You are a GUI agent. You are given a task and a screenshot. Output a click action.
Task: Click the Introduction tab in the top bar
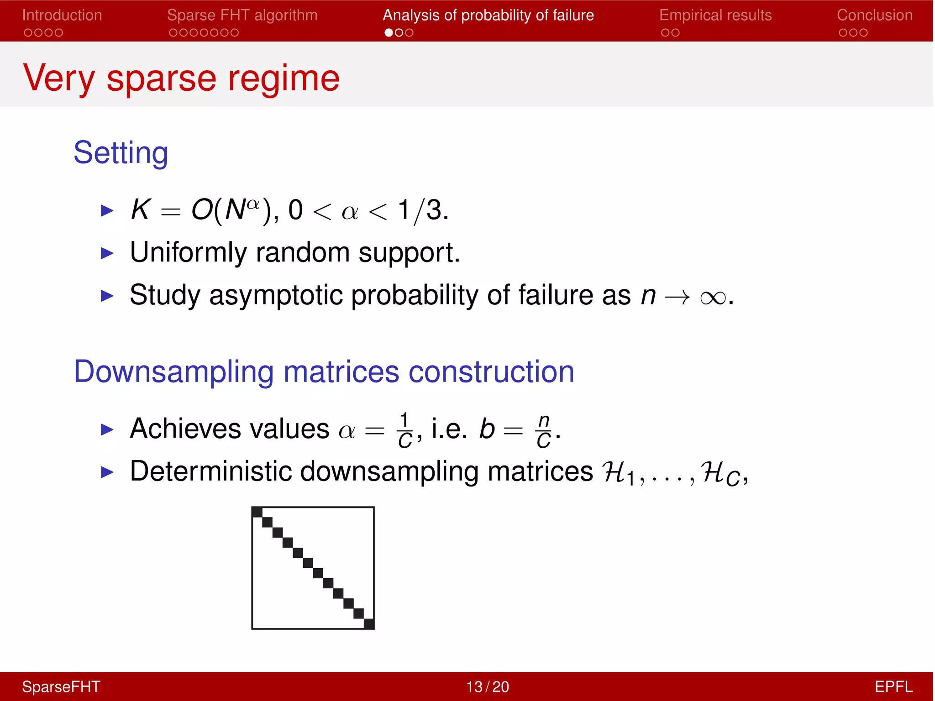pyautogui.click(x=62, y=15)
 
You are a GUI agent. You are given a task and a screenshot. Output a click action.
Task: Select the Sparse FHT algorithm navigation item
pyautogui.click(x=242, y=15)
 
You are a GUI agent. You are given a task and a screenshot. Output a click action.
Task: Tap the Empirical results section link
pyautogui.click(x=715, y=15)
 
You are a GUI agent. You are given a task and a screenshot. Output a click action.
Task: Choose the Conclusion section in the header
pyautogui.click(x=874, y=15)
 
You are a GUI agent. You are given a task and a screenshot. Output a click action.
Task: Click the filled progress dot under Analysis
pyautogui.click(x=389, y=32)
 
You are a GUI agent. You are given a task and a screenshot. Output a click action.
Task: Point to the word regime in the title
pyautogui.click(x=284, y=78)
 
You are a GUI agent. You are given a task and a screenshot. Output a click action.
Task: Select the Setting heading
pyautogui.click(x=121, y=152)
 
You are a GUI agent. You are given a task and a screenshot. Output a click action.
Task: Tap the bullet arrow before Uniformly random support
pyautogui.click(x=107, y=253)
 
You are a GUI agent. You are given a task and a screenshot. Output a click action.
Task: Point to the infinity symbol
pyautogui.click(x=713, y=298)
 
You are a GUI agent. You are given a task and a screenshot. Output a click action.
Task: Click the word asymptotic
pyautogui.click(x=276, y=295)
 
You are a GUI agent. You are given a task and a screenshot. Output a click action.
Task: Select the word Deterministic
pyautogui.click(x=210, y=471)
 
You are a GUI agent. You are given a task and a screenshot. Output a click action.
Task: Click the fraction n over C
pyautogui.click(x=543, y=430)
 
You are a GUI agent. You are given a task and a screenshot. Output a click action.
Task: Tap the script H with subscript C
pyautogui.click(x=720, y=473)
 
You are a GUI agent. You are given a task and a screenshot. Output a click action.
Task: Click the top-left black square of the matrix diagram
pyautogui.click(x=257, y=512)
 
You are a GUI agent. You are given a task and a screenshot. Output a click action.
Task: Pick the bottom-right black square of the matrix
pyautogui.click(x=369, y=623)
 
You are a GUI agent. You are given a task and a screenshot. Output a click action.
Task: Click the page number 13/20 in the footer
pyautogui.click(x=487, y=687)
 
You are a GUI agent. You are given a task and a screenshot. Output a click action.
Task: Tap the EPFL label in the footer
pyautogui.click(x=893, y=687)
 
